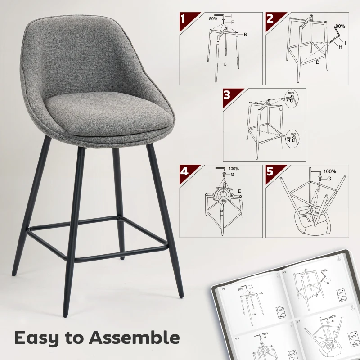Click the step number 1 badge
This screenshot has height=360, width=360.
click(x=184, y=19)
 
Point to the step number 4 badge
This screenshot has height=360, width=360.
click(x=184, y=171)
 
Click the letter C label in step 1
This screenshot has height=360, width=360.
click(x=224, y=64)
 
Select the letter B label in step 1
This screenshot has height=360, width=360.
click(x=246, y=34)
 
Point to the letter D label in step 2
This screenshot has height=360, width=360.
click(x=317, y=62)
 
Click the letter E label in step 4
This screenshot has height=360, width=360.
click(x=239, y=191)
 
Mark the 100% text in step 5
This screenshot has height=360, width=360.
click(x=329, y=171)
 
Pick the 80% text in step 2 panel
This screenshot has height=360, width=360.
click(x=340, y=26)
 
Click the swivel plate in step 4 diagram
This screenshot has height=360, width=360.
click(x=222, y=195)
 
